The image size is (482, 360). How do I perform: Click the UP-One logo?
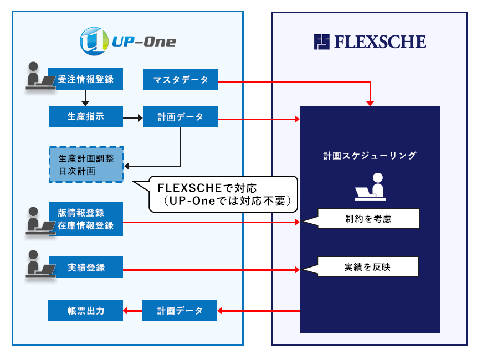pos(128,40)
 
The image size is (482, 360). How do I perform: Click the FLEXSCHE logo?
pos(370,42)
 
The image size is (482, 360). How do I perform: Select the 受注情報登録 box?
pos(85,79)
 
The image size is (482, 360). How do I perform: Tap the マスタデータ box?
pos(180,80)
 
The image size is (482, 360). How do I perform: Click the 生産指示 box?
pos(85,117)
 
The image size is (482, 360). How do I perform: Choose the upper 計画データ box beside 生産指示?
pos(180,117)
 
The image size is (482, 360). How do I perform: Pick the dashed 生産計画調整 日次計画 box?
pos(86,164)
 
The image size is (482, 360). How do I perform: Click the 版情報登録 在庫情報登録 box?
pos(85,219)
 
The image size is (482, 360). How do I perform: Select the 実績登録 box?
pos(85,268)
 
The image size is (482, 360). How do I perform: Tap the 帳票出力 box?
pos(85,310)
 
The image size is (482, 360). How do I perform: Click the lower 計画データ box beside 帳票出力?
pos(180,310)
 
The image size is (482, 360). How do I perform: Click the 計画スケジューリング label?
pos(370,156)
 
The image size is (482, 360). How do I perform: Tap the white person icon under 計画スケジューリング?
pos(370,187)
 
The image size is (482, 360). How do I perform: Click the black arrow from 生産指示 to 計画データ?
pos(132,117)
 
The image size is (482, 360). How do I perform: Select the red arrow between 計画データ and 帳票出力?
pos(132,311)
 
